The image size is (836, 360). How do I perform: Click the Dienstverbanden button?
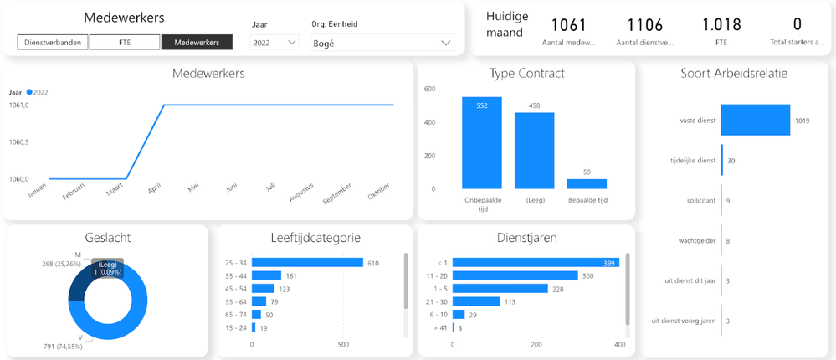53,42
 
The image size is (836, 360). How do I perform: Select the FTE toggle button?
125,42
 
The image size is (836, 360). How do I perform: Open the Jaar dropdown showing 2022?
275,42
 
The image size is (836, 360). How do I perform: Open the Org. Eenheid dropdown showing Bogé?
382,42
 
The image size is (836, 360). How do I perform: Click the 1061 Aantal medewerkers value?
569,25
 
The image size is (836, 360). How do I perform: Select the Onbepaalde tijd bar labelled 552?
482,142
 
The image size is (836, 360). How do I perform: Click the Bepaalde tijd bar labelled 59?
587,183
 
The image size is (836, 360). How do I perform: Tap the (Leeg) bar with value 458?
534,151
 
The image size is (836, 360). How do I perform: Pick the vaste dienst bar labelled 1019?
755,120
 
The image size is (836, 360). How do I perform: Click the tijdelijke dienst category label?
694,160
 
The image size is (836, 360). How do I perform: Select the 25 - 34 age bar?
308,263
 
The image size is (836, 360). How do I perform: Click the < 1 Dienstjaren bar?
536,263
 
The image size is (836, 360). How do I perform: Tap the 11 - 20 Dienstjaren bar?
515,275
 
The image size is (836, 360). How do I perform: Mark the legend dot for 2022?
29,92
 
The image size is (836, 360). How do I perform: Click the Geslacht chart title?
107,238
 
